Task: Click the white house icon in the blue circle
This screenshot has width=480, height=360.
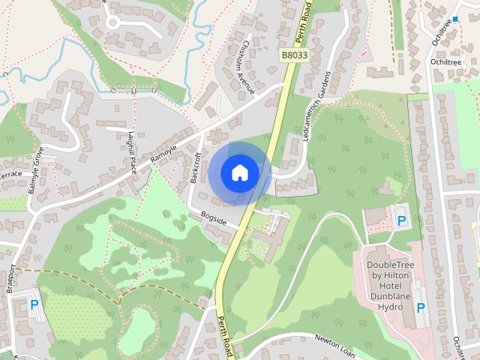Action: [x=239, y=172]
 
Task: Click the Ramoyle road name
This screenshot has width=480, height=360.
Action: [x=163, y=153]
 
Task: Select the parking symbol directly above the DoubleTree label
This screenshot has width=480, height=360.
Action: [x=402, y=220]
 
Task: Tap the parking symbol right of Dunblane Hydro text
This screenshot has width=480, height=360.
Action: [x=421, y=307]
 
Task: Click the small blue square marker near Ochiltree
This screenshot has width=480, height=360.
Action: [x=454, y=19]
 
